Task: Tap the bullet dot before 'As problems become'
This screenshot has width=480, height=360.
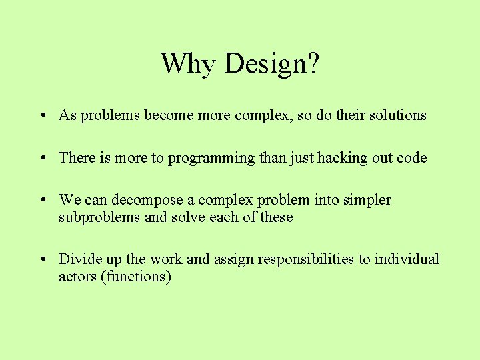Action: click(x=42, y=116)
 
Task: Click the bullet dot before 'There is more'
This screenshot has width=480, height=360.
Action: click(x=42, y=159)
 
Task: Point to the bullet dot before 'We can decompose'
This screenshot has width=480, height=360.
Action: click(x=42, y=201)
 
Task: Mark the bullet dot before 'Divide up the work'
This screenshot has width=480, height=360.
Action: click(x=42, y=259)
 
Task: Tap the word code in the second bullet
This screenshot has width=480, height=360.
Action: click(x=411, y=158)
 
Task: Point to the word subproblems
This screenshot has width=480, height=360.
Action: click(x=99, y=218)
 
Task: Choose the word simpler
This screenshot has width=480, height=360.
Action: click(x=368, y=201)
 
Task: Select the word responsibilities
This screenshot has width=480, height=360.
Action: click(x=298, y=259)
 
